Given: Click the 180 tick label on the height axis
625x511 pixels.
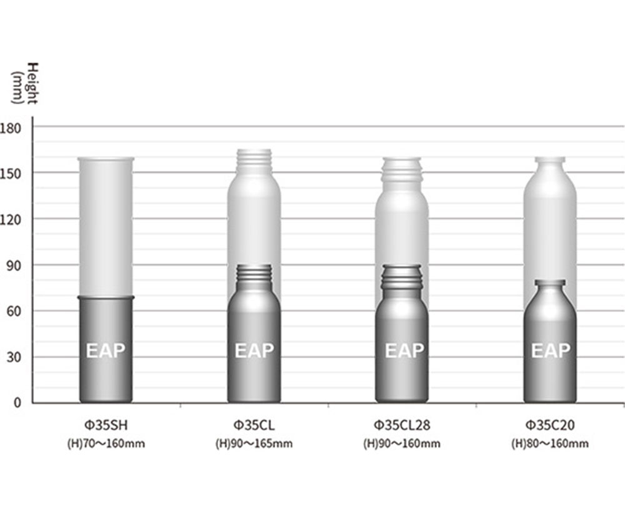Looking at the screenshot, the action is click(x=11, y=128).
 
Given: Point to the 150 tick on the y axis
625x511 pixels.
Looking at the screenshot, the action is click(x=11, y=174).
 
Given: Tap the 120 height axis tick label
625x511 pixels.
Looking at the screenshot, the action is click(x=11, y=220).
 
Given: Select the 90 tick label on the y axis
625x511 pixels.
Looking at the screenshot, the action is click(x=14, y=266).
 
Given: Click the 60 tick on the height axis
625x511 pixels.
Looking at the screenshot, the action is click(x=14, y=312).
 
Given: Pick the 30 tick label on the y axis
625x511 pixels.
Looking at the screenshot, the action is click(x=14, y=358).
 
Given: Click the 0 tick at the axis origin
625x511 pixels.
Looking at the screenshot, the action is click(x=17, y=403).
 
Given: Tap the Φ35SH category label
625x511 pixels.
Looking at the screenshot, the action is click(x=106, y=425).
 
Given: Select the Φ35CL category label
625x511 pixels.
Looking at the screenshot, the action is click(x=254, y=425).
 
